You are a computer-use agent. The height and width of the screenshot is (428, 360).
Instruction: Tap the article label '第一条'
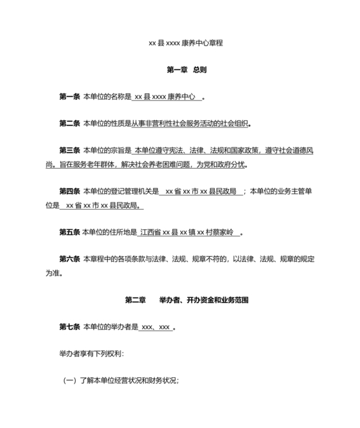pyautogui.click(x=69, y=97)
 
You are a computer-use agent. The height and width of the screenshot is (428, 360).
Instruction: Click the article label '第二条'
pyautogui.click(x=69, y=124)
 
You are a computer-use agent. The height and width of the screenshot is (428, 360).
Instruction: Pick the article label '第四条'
pyautogui.click(x=69, y=191)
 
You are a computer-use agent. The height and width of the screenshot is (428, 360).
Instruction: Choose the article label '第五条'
pyautogui.click(x=69, y=232)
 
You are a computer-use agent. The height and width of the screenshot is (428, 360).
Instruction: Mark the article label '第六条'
pyautogui.click(x=69, y=259)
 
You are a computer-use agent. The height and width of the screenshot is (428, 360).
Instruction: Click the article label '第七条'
pyautogui.click(x=69, y=327)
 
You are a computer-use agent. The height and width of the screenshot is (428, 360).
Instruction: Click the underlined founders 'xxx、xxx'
pyautogui.click(x=156, y=327)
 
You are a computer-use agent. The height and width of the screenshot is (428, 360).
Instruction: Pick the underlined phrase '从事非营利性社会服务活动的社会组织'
pyautogui.click(x=190, y=124)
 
